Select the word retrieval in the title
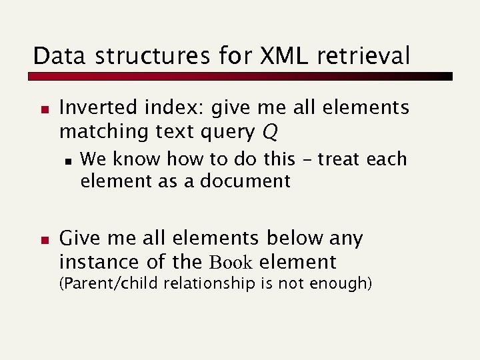click(371, 56)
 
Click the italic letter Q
click(269, 133)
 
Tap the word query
click(225, 132)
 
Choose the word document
click(251, 181)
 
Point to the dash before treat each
click(308, 160)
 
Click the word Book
click(232, 262)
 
